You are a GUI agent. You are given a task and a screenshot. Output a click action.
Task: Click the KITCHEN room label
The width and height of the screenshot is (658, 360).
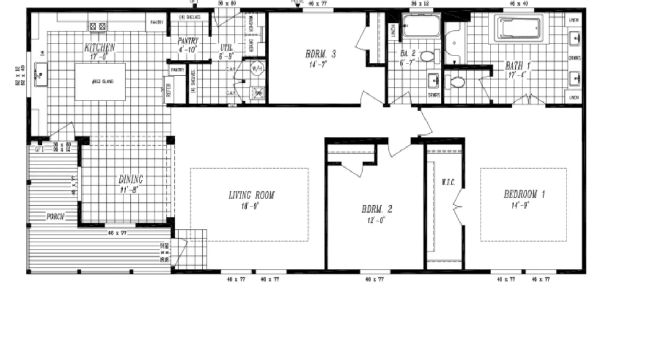click(100, 47)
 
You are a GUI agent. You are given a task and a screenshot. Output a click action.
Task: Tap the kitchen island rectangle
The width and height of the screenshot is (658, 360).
click(100, 82)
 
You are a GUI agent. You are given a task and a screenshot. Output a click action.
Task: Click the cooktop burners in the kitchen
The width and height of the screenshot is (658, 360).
click(97, 26)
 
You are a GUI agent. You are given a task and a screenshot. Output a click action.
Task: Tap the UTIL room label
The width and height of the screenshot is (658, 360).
click(226, 48)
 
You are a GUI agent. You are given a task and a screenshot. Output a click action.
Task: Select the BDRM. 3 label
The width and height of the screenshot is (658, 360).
click(320, 54)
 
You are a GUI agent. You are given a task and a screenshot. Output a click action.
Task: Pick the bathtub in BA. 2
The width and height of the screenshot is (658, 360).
click(421, 26)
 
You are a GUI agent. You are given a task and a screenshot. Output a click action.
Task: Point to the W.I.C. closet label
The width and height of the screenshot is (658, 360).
click(447, 183)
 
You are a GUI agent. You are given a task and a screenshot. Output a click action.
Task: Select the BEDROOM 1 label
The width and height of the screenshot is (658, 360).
click(524, 194)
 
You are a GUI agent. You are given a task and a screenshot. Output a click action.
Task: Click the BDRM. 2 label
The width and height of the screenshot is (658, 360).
click(376, 209)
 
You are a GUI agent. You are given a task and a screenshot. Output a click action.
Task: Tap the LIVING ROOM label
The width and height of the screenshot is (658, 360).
click(251, 195)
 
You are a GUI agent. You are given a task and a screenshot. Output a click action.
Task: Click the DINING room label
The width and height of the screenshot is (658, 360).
click(131, 179)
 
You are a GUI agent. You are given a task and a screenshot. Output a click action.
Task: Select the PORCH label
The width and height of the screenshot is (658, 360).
click(55, 217)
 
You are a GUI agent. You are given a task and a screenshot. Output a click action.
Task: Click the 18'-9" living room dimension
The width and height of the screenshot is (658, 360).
click(251, 206)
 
